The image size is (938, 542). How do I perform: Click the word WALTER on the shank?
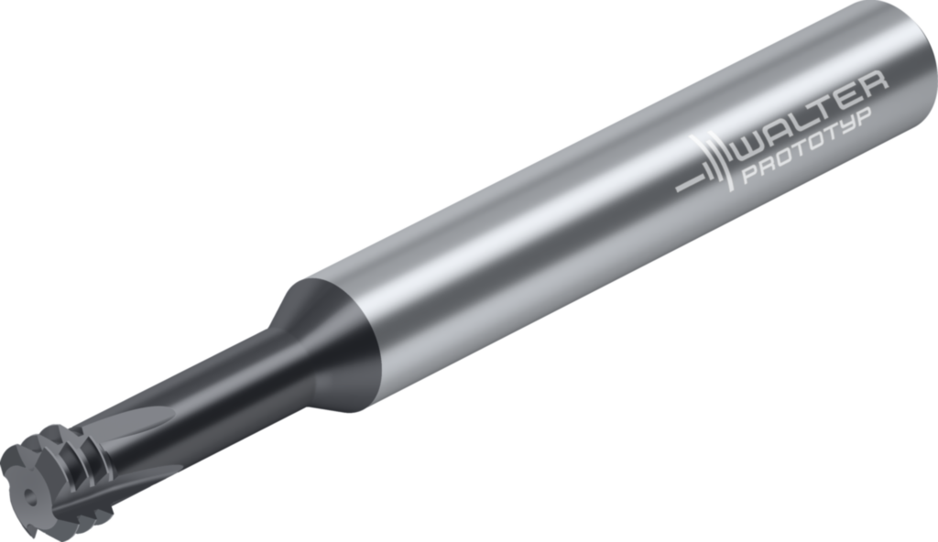point(814,116)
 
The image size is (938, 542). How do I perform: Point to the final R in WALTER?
point(874,84)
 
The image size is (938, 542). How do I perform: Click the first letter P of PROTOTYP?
point(750,174)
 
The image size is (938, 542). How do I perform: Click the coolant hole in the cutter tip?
point(27,494)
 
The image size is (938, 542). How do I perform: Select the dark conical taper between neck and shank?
point(326,341)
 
